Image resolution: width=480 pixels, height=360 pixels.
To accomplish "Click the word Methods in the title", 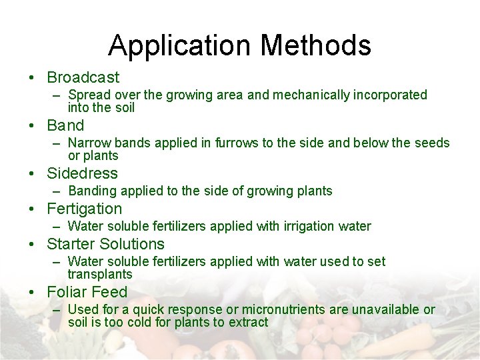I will pos(316,46).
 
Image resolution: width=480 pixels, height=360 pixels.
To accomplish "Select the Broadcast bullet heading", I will pos(83,77).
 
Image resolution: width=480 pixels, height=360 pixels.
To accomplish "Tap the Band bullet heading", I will pos(65,125).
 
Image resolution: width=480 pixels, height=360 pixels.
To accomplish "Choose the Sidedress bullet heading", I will pos(82,173).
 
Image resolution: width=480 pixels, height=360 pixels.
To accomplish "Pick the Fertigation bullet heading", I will pos(85,209).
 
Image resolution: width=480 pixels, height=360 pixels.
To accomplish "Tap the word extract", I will pos(246,323).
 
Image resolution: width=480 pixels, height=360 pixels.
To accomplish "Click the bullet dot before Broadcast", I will pos(33,78).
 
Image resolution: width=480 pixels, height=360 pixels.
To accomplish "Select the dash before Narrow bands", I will pos(59,143).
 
